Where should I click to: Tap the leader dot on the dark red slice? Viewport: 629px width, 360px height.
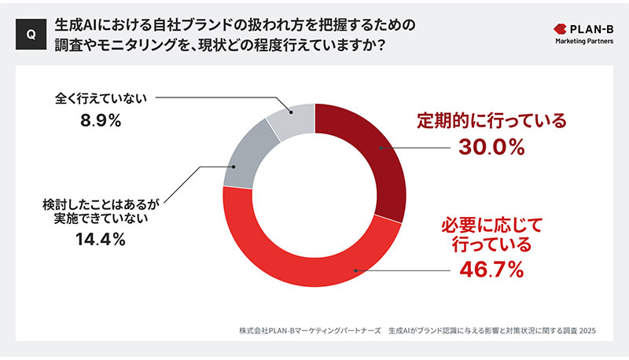(380, 147)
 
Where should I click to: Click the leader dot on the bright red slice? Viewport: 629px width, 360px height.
(355, 270)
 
